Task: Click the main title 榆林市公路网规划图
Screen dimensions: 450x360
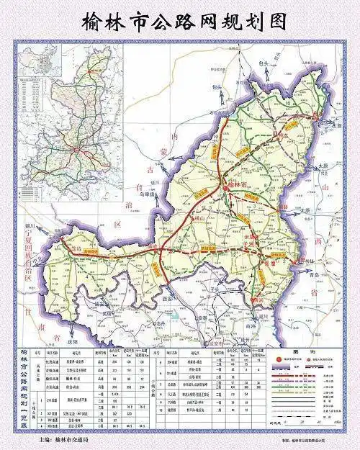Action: [x=181, y=19]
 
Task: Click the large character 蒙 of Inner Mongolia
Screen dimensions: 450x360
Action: [x=171, y=150]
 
